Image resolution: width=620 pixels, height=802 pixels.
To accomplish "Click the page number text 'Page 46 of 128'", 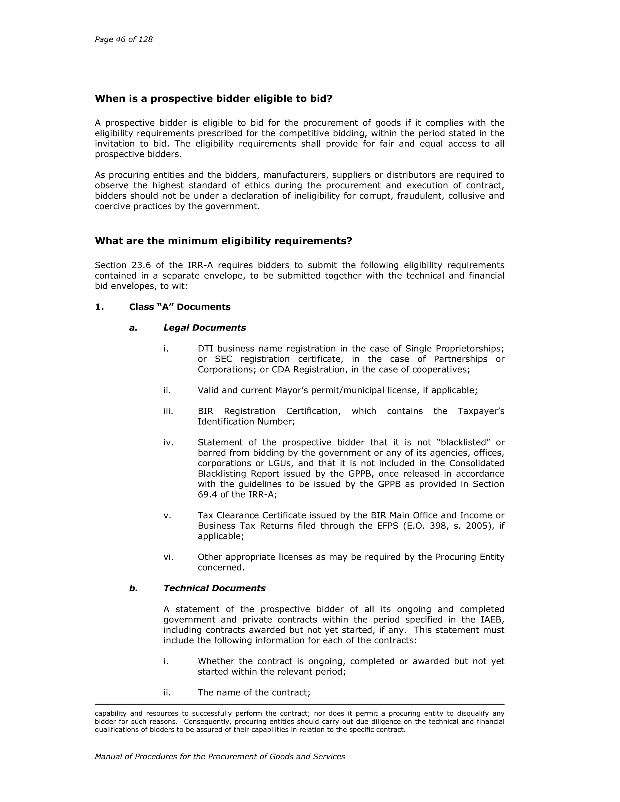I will click(x=124, y=39).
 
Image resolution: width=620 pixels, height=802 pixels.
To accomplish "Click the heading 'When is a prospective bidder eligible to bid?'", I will click(x=213, y=99).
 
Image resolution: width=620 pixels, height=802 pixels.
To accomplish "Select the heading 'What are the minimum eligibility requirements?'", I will click(x=223, y=241).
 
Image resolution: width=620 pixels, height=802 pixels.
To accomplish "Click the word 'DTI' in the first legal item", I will click(x=205, y=348).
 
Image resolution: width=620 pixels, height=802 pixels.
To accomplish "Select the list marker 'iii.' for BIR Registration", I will click(x=168, y=411).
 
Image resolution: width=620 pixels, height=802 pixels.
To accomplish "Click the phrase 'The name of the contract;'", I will click(x=254, y=692).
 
